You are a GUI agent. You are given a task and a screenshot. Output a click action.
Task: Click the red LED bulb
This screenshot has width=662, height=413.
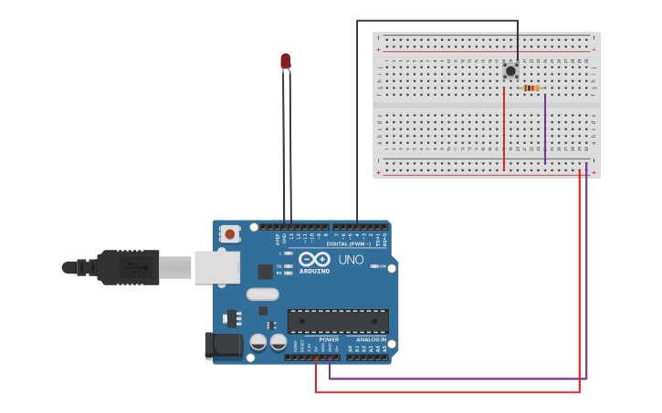[x=286, y=61]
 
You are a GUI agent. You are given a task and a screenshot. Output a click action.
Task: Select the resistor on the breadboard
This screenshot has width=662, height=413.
[x=531, y=88]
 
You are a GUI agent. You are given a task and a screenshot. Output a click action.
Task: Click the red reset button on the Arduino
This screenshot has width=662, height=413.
[x=230, y=234]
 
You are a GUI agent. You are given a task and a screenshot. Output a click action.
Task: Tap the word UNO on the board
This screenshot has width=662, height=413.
[x=352, y=260]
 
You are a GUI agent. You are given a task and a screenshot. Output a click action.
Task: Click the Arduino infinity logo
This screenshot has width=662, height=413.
[x=314, y=260]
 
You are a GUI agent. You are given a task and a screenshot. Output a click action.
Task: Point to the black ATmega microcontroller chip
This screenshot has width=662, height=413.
[x=338, y=321]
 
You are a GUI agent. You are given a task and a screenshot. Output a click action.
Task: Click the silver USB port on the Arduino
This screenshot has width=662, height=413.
[x=217, y=267]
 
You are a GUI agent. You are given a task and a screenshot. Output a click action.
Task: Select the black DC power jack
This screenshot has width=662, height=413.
[x=223, y=346]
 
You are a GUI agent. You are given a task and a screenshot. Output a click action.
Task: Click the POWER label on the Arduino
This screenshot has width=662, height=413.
[x=329, y=339]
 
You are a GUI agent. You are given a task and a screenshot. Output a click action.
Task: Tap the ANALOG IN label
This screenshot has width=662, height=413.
[x=371, y=339]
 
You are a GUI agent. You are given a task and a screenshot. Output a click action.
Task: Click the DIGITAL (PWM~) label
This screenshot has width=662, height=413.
[x=348, y=244]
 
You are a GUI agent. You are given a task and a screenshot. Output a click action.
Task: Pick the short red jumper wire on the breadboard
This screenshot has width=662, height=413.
[x=504, y=128]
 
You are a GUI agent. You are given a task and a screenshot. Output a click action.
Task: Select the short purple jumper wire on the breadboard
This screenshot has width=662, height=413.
[x=545, y=128]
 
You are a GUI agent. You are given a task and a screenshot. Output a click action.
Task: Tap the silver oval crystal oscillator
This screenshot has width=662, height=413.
[x=262, y=294]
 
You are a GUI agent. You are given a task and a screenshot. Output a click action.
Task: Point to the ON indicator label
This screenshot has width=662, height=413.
[x=381, y=265]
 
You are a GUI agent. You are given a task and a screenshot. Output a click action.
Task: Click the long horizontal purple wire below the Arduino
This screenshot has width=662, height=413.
[x=457, y=378]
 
